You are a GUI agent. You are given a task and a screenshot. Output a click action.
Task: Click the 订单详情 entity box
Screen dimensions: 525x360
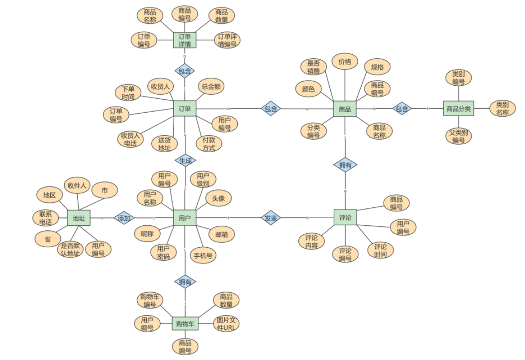[x=185, y=40]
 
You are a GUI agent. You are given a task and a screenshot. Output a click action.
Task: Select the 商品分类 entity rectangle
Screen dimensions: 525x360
[x=458, y=109]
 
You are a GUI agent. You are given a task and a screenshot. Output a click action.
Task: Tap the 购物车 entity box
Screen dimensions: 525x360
[x=185, y=324]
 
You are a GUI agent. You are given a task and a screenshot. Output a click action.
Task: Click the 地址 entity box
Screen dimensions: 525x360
[x=79, y=218]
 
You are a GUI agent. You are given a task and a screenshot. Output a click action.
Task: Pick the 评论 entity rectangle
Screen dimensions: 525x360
[x=345, y=218]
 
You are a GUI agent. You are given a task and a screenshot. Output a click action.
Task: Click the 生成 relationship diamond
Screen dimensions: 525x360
[x=185, y=160]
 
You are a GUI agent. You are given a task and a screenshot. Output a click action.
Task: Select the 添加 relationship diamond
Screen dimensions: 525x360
[x=124, y=218]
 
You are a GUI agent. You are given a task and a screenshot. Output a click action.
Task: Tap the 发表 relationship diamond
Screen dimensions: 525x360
[x=271, y=218]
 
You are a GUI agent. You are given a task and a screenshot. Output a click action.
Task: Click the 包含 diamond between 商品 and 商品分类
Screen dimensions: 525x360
[x=402, y=109]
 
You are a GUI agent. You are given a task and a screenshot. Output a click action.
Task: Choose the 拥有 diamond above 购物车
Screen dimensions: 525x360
[x=185, y=282]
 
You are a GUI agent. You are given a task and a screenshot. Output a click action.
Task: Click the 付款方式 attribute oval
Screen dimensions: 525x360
[x=209, y=144]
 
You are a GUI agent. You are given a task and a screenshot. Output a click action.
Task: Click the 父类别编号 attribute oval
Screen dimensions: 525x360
[x=458, y=136]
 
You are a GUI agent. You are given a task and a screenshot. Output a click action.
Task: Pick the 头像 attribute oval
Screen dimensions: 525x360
[x=219, y=198]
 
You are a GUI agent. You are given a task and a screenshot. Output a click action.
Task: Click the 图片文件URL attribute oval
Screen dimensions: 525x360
[x=226, y=324]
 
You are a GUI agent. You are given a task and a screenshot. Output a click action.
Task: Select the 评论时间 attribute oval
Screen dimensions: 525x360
[x=380, y=250]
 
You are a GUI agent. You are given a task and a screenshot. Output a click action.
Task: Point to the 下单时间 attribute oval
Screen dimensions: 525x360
[x=128, y=93]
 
